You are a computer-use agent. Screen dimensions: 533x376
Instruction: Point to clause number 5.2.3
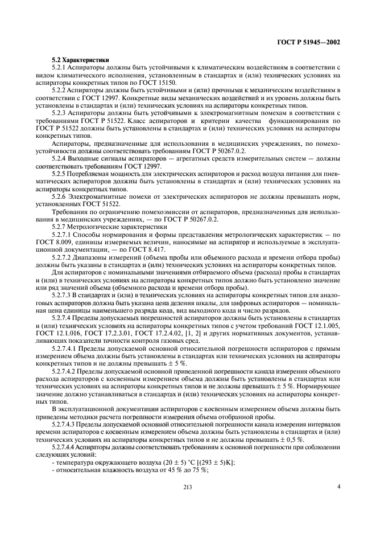click(x=60, y=113)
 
